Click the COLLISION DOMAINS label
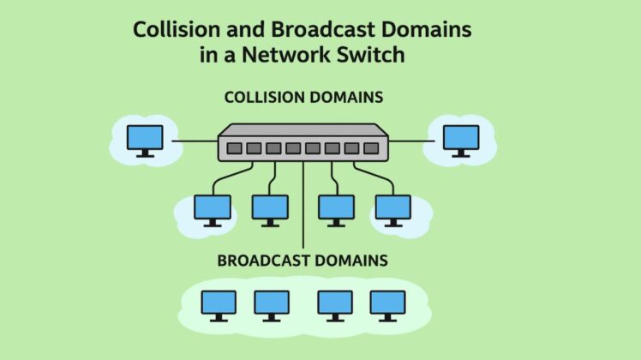(303, 98)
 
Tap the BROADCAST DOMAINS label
(303, 260)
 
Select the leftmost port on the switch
(234, 148)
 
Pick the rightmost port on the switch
(371, 148)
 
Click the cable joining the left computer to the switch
(195, 140)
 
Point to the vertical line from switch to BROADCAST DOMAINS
(303, 206)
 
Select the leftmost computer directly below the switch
(212, 209)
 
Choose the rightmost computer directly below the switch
(392, 209)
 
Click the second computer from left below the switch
(270, 209)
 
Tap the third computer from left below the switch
(336, 209)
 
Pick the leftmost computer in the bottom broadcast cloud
(218, 304)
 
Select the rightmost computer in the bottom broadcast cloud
(387, 304)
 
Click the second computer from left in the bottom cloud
(272, 304)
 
